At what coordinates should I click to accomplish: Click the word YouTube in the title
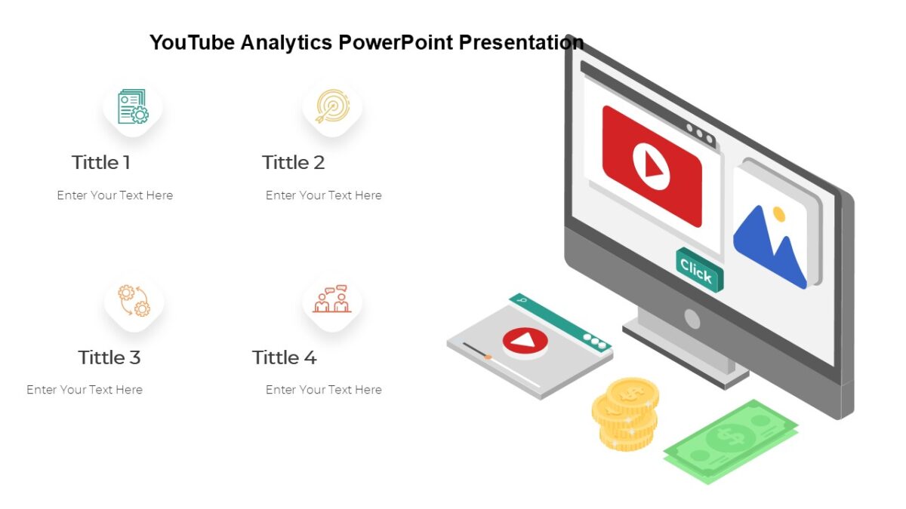coord(192,42)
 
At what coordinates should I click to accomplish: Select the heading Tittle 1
coord(101,162)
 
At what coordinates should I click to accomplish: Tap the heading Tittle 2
coord(293,162)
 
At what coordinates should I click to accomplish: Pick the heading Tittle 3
coord(109,357)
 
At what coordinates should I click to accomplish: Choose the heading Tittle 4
coord(285,357)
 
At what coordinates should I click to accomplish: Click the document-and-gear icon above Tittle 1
coord(133,107)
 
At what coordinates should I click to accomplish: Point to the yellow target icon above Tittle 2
coord(332,106)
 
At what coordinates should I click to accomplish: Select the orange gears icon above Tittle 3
coord(134,301)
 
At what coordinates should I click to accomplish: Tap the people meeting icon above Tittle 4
coord(332,299)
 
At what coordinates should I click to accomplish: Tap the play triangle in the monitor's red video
coord(652,167)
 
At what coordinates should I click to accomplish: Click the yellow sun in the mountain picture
coord(778,214)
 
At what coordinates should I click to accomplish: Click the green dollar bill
coord(729,440)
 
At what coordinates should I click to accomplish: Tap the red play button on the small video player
coord(525,342)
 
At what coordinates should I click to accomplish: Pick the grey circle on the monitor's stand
coord(692,319)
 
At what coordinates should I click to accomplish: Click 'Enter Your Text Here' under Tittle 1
coord(115,195)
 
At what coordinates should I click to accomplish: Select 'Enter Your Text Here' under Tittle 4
coord(323,390)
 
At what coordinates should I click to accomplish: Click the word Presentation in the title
coord(521,42)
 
